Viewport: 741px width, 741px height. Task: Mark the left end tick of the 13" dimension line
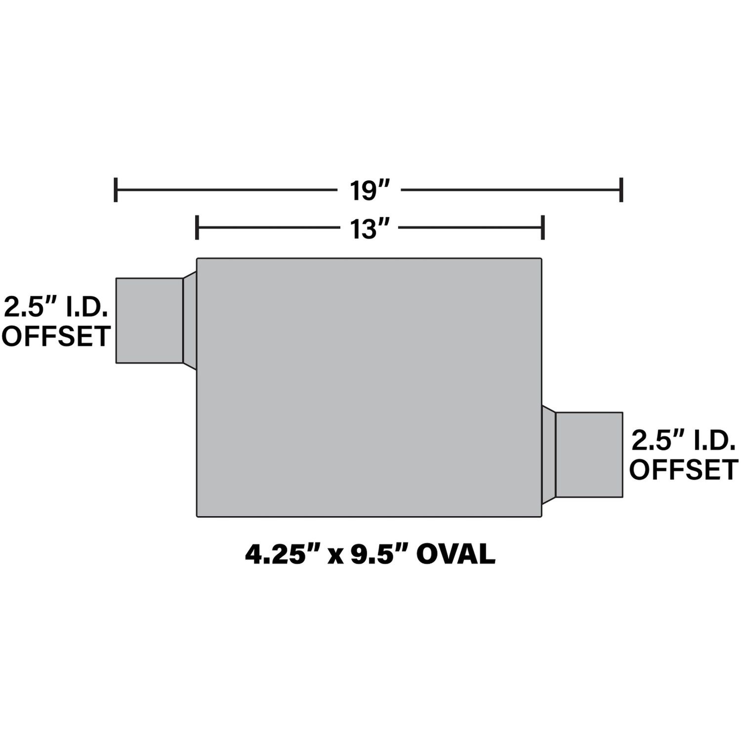tap(197, 227)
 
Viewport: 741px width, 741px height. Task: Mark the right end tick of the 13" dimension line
tap(543, 227)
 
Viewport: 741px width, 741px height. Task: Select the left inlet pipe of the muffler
tap(149, 321)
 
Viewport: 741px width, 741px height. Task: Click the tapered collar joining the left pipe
tap(190, 321)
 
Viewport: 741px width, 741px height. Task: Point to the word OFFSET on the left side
tap(56, 336)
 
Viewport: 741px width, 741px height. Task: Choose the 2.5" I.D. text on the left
tap(56, 308)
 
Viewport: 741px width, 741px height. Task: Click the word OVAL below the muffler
tap(455, 555)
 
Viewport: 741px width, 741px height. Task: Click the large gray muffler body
tap(369, 387)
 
